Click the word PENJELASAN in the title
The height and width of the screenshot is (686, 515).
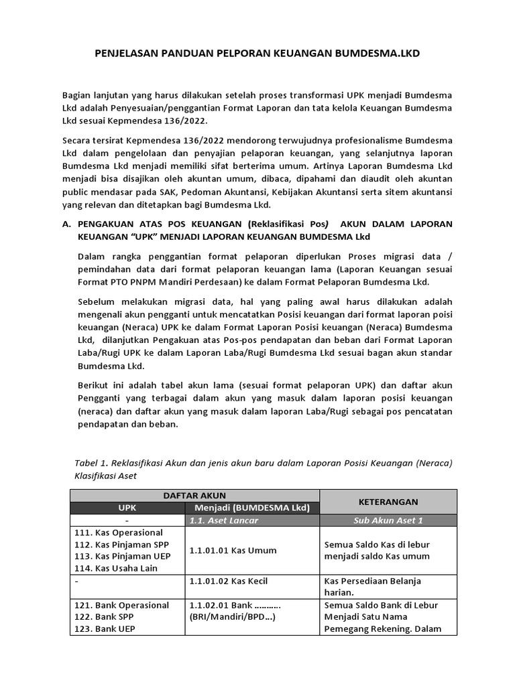[x=124, y=53]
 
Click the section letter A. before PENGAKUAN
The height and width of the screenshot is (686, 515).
[x=66, y=224]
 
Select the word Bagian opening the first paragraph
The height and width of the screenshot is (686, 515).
[x=78, y=96]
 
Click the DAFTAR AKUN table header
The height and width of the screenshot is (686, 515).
[x=194, y=495]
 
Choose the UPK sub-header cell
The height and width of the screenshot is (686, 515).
[x=127, y=508]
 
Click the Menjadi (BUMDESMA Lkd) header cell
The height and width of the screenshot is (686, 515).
[x=251, y=508]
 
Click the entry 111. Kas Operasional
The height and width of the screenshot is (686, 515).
[x=119, y=533]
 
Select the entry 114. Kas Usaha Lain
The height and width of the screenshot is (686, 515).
[x=116, y=569]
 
